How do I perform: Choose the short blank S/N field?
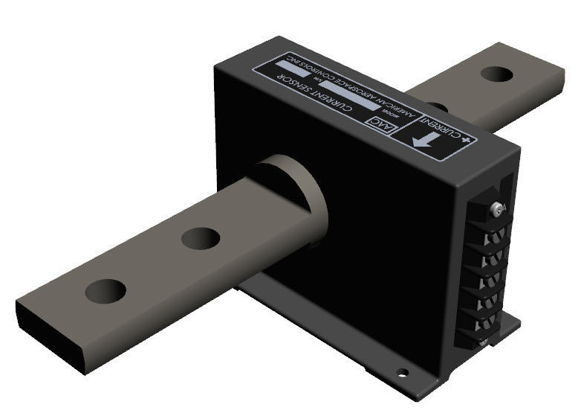pos(287,68)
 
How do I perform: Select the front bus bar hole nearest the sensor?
pos(200,238)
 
